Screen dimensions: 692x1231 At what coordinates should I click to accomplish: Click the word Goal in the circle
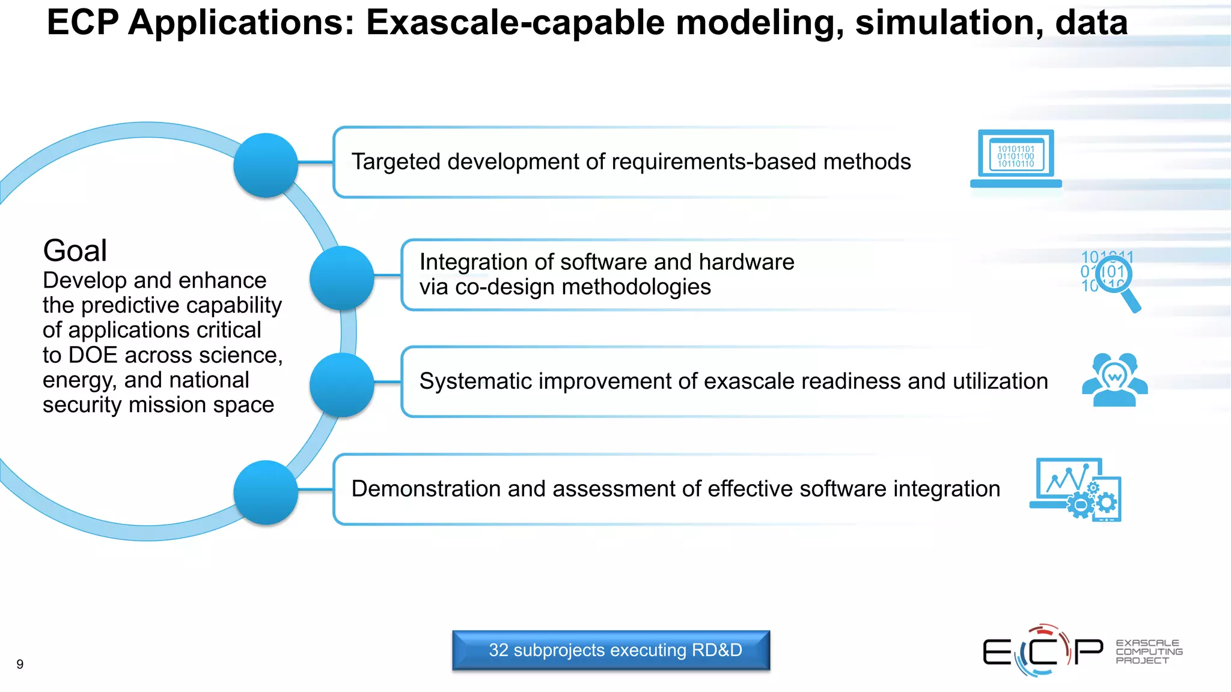click(x=75, y=250)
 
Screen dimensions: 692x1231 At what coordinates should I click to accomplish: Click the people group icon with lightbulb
click(x=1114, y=380)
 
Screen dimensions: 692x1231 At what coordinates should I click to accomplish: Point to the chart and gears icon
click(x=1076, y=489)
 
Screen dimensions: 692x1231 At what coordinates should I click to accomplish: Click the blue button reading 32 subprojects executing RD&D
click(x=611, y=650)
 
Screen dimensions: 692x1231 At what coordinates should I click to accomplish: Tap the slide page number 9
click(x=20, y=664)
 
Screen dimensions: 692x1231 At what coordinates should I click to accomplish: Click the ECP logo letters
click(x=1043, y=651)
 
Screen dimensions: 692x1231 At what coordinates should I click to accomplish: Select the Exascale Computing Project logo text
click(x=1148, y=652)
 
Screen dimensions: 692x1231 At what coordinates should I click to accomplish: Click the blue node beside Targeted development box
click(x=266, y=165)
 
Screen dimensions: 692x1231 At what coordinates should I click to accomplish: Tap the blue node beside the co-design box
click(x=341, y=278)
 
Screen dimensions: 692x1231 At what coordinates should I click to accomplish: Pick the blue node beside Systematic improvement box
click(x=341, y=384)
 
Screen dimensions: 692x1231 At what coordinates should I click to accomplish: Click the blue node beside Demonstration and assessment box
click(x=266, y=492)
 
